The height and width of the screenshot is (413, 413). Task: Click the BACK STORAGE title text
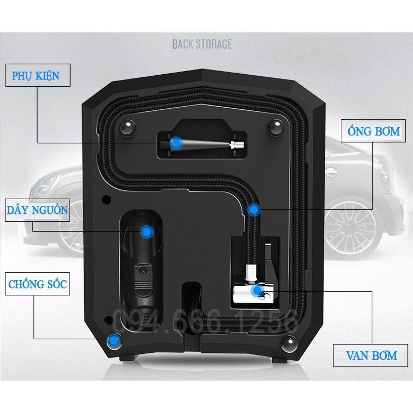pyautogui.click(x=202, y=44)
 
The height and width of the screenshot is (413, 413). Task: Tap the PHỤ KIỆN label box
pyautogui.click(x=38, y=75)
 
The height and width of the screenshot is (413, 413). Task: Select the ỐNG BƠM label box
pyautogui.click(x=373, y=131)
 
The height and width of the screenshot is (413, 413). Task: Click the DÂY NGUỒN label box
pyautogui.click(x=38, y=210)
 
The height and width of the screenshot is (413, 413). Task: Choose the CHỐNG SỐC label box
pyautogui.click(x=38, y=284)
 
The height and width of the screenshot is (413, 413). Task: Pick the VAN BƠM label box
pyautogui.click(x=371, y=355)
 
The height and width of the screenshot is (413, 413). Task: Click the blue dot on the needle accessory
pyautogui.click(x=177, y=143)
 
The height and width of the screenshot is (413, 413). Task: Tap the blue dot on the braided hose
pyautogui.click(x=254, y=210)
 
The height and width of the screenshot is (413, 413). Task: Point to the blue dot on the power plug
pyautogui.click(x=147, y=232)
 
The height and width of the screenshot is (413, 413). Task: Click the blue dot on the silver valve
pyautogui.click(x=257, y=291)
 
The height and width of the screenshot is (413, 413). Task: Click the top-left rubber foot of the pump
pyautogui.click(x=128, y=128)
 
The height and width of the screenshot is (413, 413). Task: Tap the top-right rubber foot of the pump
pyautogui.click(x=276, y=128)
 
